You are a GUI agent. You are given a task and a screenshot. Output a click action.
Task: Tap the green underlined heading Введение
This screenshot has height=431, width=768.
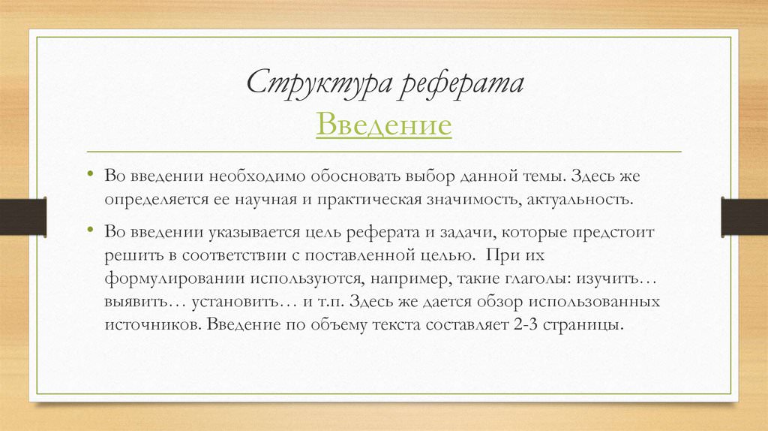coord(383,124)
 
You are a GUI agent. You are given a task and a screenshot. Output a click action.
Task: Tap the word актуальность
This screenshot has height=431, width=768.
coord(580,200)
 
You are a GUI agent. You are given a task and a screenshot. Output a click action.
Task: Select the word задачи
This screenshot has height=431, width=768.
coord(467,233)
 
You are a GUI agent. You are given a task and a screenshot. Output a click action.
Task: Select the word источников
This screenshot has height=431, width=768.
coord(153,324)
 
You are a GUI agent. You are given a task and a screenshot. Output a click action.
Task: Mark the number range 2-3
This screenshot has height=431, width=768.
coord(526,324)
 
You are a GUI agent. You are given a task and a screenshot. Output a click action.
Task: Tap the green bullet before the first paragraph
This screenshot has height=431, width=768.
coord(90,174)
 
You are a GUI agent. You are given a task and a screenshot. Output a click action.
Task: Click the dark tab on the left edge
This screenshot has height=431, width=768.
coord(23,216)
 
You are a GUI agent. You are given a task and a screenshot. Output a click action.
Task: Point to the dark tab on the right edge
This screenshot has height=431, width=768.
coord(745,216)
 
